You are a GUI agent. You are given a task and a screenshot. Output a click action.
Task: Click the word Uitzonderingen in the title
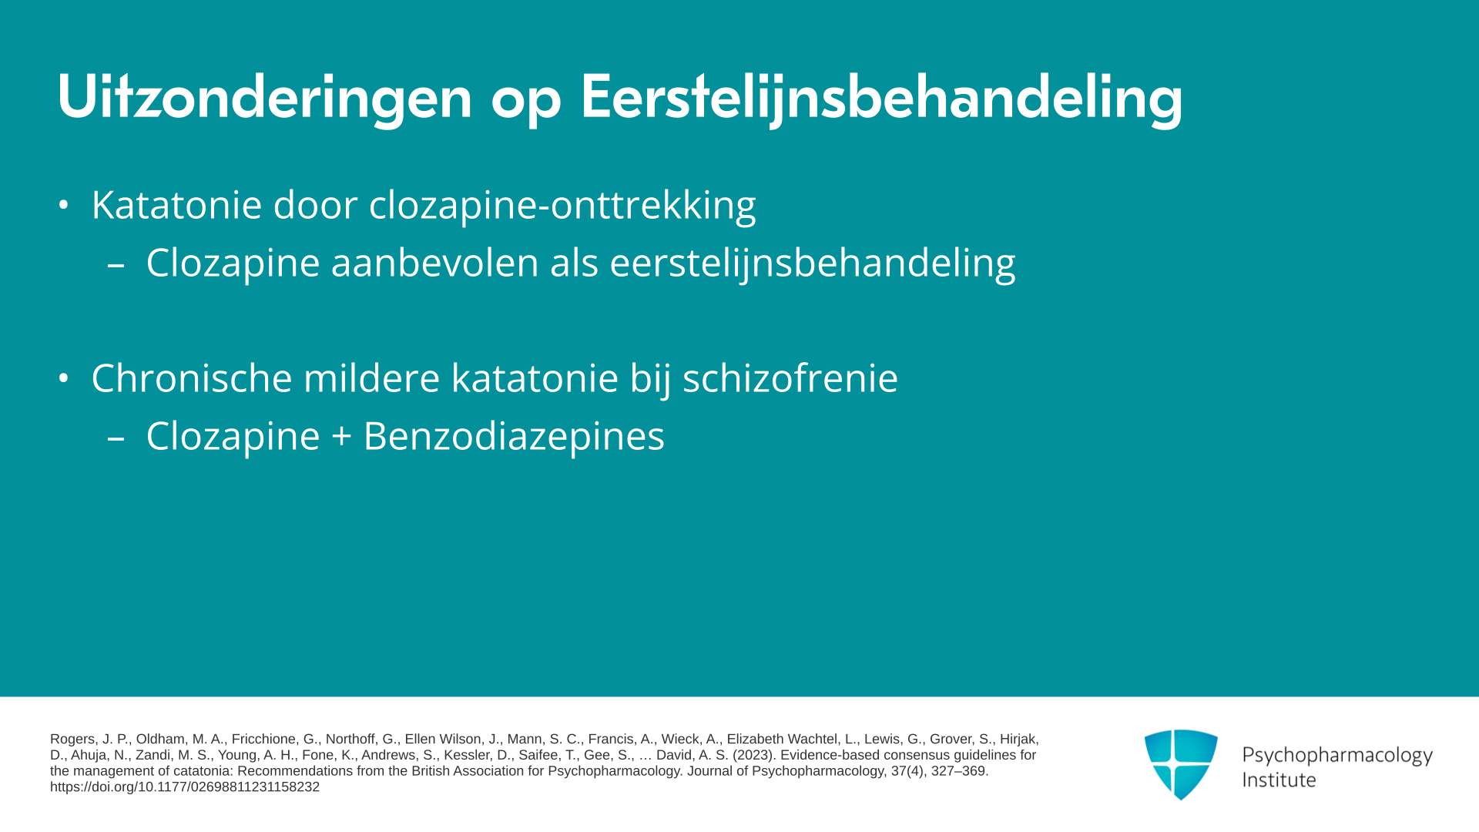264,97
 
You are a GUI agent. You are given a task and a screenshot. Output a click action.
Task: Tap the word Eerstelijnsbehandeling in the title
881,97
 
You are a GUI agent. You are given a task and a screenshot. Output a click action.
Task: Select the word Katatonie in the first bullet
176,205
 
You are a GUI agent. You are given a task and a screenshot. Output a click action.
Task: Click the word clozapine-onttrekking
562,206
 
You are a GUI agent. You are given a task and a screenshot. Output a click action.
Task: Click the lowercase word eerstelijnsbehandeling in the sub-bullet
813,263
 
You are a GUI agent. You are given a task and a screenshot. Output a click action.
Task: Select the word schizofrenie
790,378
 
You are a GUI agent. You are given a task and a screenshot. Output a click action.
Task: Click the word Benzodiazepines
514,437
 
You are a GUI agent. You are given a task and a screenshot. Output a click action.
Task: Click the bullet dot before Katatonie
64,206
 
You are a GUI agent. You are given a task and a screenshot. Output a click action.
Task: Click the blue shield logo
1181,764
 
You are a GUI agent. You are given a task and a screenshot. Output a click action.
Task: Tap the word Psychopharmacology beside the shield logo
1337,756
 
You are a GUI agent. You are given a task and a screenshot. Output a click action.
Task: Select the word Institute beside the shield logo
1279,780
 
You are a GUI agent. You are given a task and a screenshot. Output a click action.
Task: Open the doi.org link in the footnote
185,787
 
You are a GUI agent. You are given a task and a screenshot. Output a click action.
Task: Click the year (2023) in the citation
755,756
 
